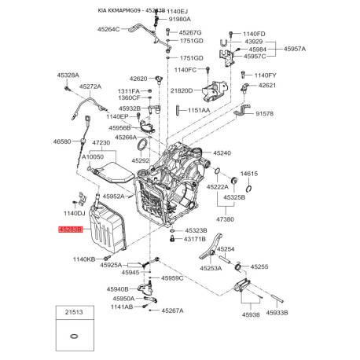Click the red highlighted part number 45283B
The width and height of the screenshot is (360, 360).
click(x=69, y=230)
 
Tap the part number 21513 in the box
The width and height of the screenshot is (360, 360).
click(x=72, y=311)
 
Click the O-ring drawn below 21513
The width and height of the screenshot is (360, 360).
click(x=72, y=336)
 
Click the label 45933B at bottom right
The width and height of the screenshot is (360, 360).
click(x=275, y=313)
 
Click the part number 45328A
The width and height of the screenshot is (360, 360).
click(x=68, y=75)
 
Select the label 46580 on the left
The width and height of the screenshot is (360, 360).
click(x=62, y=141)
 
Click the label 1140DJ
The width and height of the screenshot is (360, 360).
click(x=75, y=213)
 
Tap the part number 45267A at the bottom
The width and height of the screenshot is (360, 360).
click(x=172, y=310)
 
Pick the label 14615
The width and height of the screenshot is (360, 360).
click(x=249, y=173)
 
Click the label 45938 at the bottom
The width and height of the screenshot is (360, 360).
click(x=229, y=313)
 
